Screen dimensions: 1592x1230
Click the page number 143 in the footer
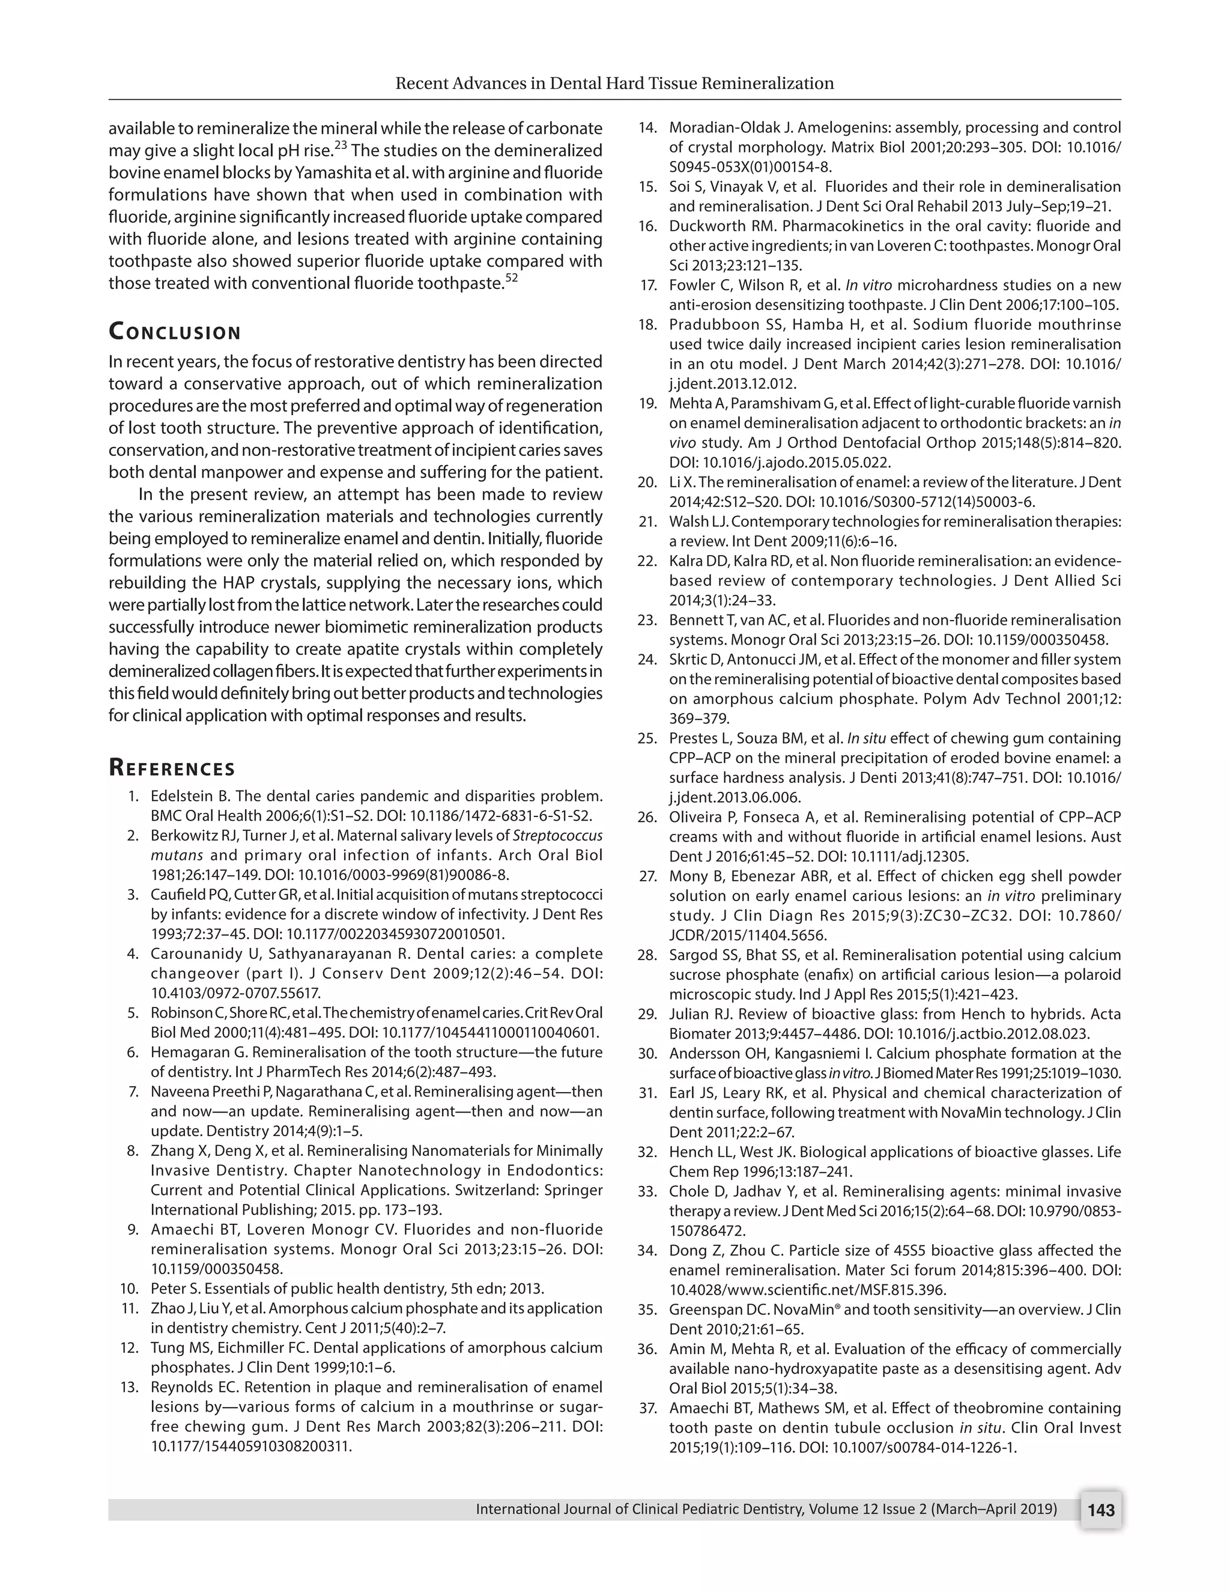coord(1100,1510)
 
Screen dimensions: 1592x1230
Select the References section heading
coord(172,768)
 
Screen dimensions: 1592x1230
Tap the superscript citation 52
coord(511,279)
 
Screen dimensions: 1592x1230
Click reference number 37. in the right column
coord(648,1408)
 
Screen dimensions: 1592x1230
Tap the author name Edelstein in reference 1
coord(182,795)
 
